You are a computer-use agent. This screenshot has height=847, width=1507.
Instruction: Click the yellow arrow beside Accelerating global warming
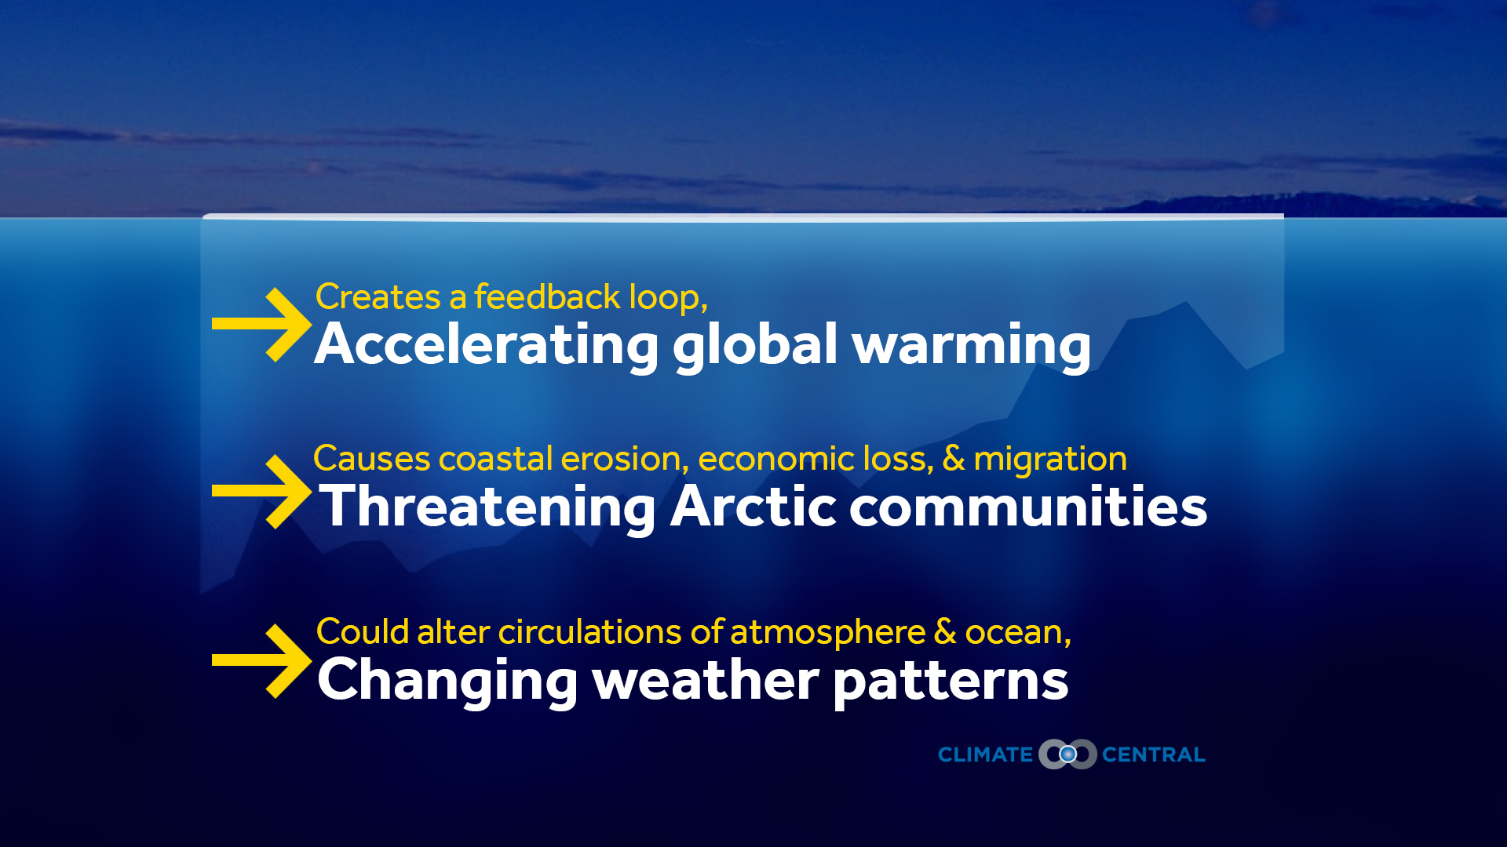pyautogui.click(x=262, y=324)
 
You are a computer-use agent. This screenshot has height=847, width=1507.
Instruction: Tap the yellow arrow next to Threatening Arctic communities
pyautogui.click(x=262, y=491)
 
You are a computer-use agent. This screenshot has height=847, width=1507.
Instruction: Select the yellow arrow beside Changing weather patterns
pyautogui.click(x=262, y=660)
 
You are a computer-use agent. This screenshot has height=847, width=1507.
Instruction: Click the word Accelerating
pyautogui.click(x=487, y=346)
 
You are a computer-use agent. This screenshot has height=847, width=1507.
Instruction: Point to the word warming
pyautogui.click(x=972, y=346)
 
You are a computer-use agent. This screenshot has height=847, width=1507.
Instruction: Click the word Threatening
pyautogui.click(x=488, y=507)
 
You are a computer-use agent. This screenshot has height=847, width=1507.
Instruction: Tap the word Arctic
pyautogui.click(x=753, y=506)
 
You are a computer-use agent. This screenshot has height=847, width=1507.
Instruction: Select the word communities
pyautogui.click(x=1028, y=507)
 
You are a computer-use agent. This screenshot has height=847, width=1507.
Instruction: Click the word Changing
pyautogui.click(x=447, y=682)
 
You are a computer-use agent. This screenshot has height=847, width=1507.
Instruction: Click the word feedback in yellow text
pyautogui.click(x=547, y=297)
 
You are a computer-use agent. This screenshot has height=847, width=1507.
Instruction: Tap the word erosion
pyautogui.click(x=625, y=460)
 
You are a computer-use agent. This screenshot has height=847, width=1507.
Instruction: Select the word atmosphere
pyautogui.click(x=828, y=632)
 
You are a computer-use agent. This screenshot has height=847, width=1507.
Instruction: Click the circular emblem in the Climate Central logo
pyautogui.click(x=1067, y=754)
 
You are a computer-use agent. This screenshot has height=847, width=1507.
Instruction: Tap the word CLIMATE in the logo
pyautogui.click(x=986, y=755)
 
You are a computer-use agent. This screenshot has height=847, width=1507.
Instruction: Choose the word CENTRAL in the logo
pyautogui.click(x=1154, y=755)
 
